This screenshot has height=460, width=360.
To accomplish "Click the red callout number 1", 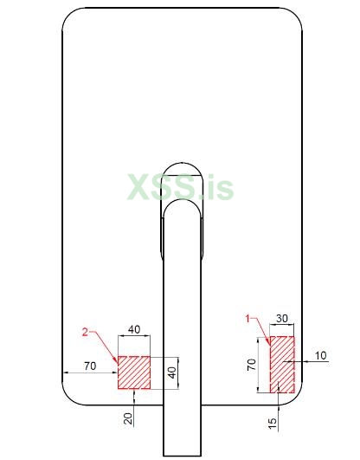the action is coord(248,318).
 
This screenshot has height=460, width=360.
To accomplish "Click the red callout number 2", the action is coord(85,333).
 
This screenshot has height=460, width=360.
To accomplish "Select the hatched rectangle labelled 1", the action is coord(282,365).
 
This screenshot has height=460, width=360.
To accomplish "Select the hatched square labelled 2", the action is coord(134,373).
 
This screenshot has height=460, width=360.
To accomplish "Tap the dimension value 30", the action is coord(282,318).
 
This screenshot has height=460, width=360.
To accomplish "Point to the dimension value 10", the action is coord(321,355).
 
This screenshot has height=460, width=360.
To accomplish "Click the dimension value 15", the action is coord(273,424).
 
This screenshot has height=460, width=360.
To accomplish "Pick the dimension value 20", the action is coord(128,418).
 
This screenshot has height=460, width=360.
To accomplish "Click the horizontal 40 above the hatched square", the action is coord(134,329).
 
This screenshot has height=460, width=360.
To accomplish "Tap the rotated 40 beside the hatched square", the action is coord(172,373).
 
